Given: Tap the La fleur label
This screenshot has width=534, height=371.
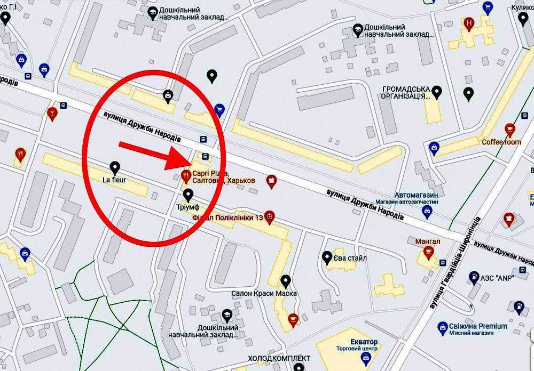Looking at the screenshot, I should (114, 180).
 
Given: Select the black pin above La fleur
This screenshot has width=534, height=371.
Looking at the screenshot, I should (114, 167).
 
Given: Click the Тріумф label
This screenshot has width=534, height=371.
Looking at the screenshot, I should (187, 206).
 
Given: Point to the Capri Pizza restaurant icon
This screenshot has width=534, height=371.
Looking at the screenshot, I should (186, 175).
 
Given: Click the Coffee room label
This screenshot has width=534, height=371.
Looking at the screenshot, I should (501, 142).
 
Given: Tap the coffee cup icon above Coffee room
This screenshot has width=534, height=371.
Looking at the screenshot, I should (509, 130).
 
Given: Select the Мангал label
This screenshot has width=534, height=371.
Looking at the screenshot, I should (428, 241).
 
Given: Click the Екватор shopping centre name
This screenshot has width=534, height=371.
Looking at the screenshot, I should (364, 342).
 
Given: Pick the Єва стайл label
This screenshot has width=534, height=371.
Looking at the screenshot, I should (350, 259).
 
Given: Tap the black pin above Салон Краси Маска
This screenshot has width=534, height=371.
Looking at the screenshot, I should (286, 280).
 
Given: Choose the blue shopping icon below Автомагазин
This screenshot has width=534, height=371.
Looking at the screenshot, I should (427, 212).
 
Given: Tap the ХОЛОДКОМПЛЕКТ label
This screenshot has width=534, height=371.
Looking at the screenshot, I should (272, 358).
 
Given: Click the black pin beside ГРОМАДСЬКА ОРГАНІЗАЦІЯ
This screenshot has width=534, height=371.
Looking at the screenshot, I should (437, 92).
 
